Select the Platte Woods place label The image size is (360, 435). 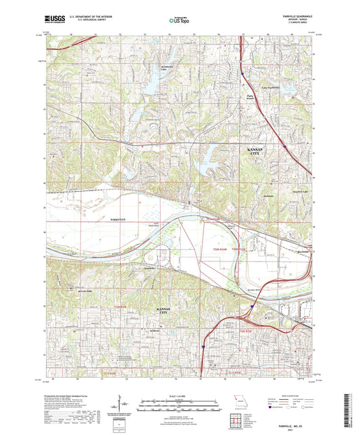253,98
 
